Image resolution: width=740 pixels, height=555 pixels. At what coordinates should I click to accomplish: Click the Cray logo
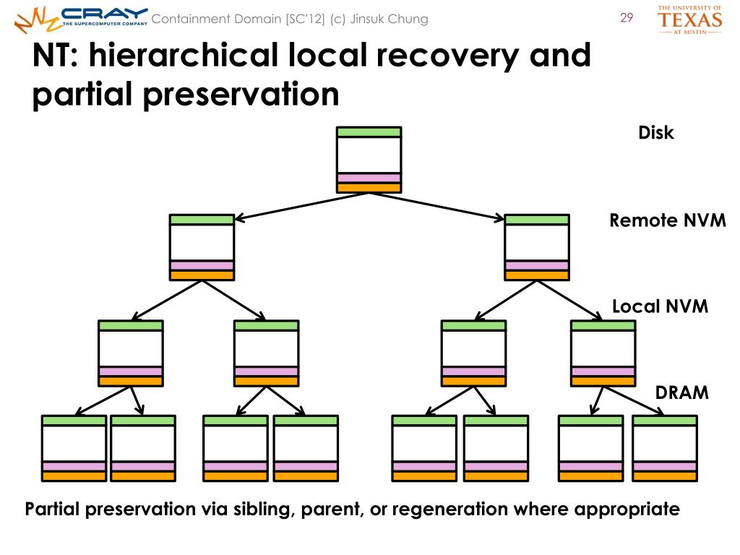point(81,20)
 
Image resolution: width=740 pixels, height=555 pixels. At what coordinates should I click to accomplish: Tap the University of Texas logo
point(689,20)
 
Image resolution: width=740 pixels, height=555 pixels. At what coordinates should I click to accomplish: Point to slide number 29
point(627,18)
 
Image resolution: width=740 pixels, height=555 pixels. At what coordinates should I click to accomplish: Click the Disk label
point(656,133)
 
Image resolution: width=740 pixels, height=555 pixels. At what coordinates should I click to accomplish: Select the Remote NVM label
point(667,220)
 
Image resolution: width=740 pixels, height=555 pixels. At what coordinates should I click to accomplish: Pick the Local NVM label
point(661,306)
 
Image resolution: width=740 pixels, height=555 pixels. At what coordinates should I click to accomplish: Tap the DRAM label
point(682,392)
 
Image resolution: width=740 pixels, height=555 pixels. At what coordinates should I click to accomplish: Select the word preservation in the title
point(241,95)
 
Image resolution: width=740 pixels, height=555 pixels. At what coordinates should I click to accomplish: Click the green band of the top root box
point(369,132)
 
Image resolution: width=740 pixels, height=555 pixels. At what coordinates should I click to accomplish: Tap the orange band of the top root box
point(369,187)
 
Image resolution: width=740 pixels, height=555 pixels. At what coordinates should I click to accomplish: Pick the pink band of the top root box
point(369,178)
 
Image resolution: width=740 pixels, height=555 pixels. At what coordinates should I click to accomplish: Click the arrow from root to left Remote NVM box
point(301,206)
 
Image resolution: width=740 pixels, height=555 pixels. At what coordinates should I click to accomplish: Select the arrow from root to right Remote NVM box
point(436,206)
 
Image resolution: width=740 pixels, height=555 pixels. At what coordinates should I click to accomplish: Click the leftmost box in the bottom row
point(74,448)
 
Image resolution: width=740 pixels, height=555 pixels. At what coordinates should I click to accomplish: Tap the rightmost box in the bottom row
point(665,448)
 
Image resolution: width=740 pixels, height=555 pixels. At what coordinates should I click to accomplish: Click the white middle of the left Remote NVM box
point(202,243)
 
